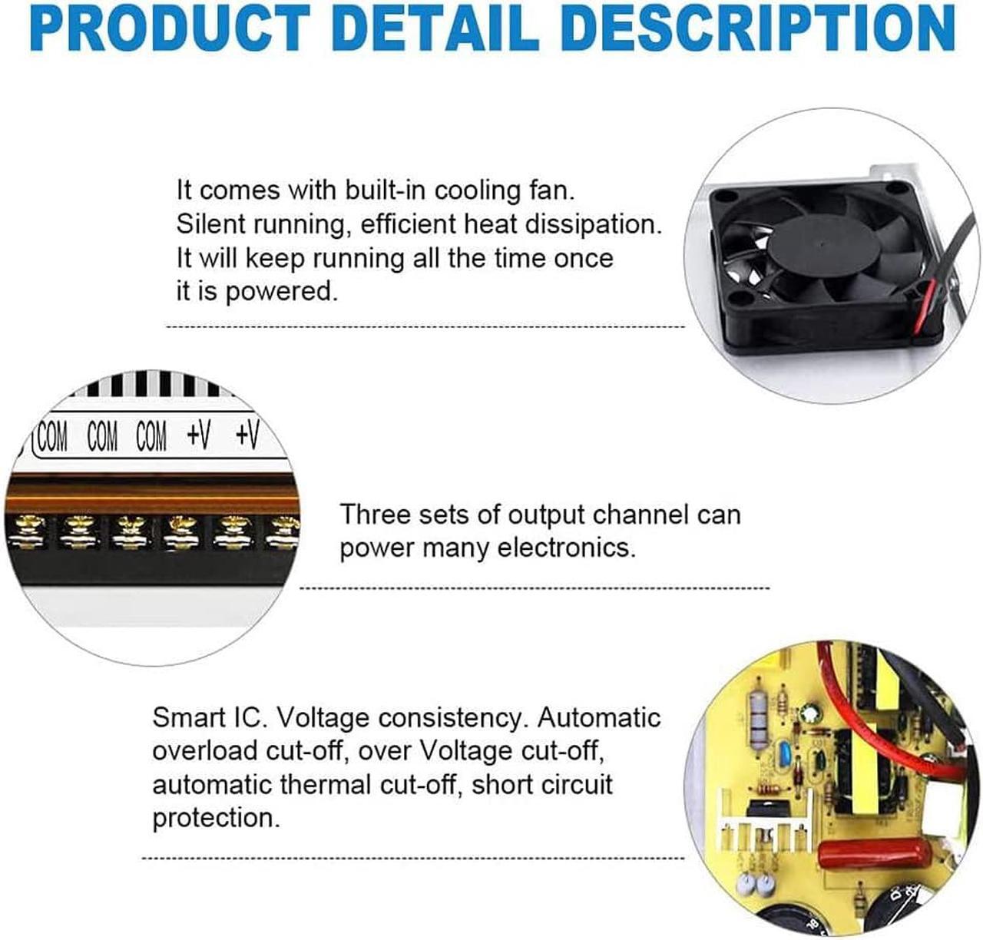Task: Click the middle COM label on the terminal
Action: [x=102, y=437]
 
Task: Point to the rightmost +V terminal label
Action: [x=247, y=435]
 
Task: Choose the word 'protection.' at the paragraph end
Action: [x=216, y=818]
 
